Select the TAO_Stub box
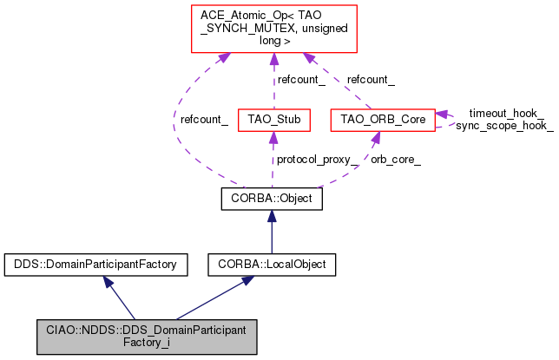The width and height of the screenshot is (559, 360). click(x=273, y=120)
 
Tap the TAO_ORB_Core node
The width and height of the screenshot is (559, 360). click(x=382, y=120)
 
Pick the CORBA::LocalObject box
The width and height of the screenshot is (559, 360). click(x=272, y=263)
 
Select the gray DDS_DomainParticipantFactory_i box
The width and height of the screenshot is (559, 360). click(x=147, y=337)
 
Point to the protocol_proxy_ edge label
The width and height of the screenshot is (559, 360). click(x=317, y=160)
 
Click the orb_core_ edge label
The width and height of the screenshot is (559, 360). click(x=395, y=160)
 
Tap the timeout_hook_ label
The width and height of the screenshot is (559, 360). click(x=506, y=114)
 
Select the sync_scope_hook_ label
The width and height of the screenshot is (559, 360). click(x=504, y=126)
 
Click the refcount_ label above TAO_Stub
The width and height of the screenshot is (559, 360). click(x=300, y=80)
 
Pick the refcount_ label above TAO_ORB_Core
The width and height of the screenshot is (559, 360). click(x=371, y=80)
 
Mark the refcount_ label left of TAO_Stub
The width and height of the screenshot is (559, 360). click(x=204, y=121)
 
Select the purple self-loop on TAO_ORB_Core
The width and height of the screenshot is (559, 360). click(x=444, y=120)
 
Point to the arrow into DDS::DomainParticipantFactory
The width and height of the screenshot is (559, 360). click(x=120, y=298)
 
